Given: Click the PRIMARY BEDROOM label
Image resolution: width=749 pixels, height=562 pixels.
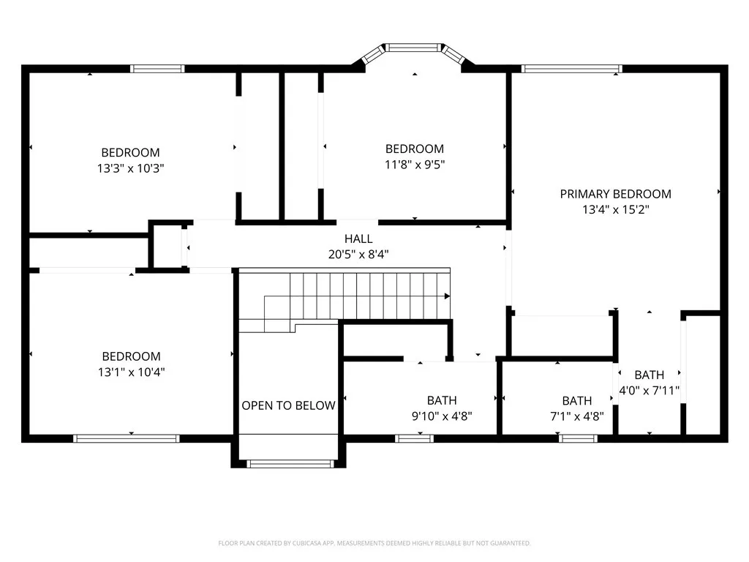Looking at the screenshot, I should pyautogui.click(x=615, y=194).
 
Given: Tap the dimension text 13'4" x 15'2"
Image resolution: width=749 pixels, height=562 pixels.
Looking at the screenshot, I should pyautogui.click(x=615, y=209).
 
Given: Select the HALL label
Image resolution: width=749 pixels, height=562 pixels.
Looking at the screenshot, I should pyautogui.click(x=358, y=239).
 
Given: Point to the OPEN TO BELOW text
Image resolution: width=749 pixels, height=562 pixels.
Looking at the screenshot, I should pyautogui.click(x=288, y=405).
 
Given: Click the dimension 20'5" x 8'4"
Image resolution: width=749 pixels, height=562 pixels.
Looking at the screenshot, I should pyautogui.click(x=358, y=254).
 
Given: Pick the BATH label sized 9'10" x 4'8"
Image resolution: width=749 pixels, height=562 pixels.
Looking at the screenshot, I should pyautogui.click(x=442, y=400).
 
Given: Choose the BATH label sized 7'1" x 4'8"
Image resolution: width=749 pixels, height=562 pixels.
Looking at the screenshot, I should pyautogui.click(x=577, y=401).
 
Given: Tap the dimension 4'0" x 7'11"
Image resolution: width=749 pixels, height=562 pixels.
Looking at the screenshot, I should pyautogui.click(x=650, y=390).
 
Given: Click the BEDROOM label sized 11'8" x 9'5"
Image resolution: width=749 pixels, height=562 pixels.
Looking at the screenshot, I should pyautogui.click(x=415, y=149).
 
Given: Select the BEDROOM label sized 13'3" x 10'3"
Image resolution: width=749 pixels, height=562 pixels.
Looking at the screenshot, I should pyautogui.click(x=130, y=153).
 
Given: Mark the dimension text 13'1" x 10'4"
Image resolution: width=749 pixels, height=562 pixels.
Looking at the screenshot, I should pyautogui.click(x=131, y=372).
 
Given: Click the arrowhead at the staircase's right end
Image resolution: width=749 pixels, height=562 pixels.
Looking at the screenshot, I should pyautogui.click(x=446, y=296).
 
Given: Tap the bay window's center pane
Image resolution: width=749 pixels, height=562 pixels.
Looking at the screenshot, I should pyautogui.click(x=415, y=48).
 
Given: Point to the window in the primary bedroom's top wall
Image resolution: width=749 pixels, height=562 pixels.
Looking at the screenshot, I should pyautogui.click(x=571, y=70).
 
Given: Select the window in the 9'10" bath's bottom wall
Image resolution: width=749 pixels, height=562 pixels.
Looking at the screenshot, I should pyautogui.click(x=414, y=438).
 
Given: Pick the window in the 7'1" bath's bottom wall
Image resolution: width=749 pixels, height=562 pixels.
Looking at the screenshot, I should pyautogui.click(x=578, y=438).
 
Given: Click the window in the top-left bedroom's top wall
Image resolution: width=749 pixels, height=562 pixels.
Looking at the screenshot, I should pyautogui.click(x=157, y=69).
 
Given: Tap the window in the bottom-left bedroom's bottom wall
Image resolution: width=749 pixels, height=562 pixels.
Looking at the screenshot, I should pyautogui.click(x=127, y=438).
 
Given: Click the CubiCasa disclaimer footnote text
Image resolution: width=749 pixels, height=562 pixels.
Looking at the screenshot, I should pyautogui.click(x=374, y=543).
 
